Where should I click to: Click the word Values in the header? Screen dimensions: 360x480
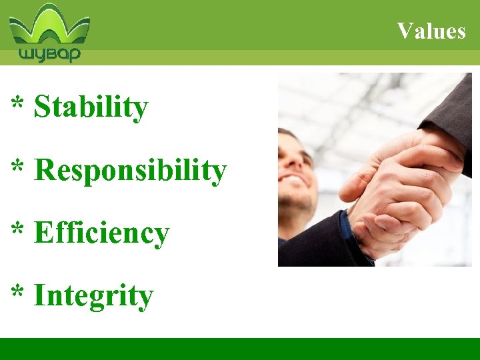[431, 31]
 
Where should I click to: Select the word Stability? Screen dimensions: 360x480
[91, 107]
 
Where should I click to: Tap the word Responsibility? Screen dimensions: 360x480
[130, 171]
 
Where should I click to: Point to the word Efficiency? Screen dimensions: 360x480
[101, 234]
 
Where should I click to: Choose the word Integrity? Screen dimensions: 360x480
[93, 297]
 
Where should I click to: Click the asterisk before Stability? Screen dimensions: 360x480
[18, 105]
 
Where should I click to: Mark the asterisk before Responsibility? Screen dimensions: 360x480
[18, 168]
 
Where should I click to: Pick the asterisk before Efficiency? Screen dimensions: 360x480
[18, 231]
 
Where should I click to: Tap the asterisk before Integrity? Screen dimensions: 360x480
[18, 294]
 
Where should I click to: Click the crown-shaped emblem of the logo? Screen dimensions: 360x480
[49, 25]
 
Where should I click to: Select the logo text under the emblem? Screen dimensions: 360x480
[49, 53]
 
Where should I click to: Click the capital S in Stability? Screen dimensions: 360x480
[42, 107]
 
